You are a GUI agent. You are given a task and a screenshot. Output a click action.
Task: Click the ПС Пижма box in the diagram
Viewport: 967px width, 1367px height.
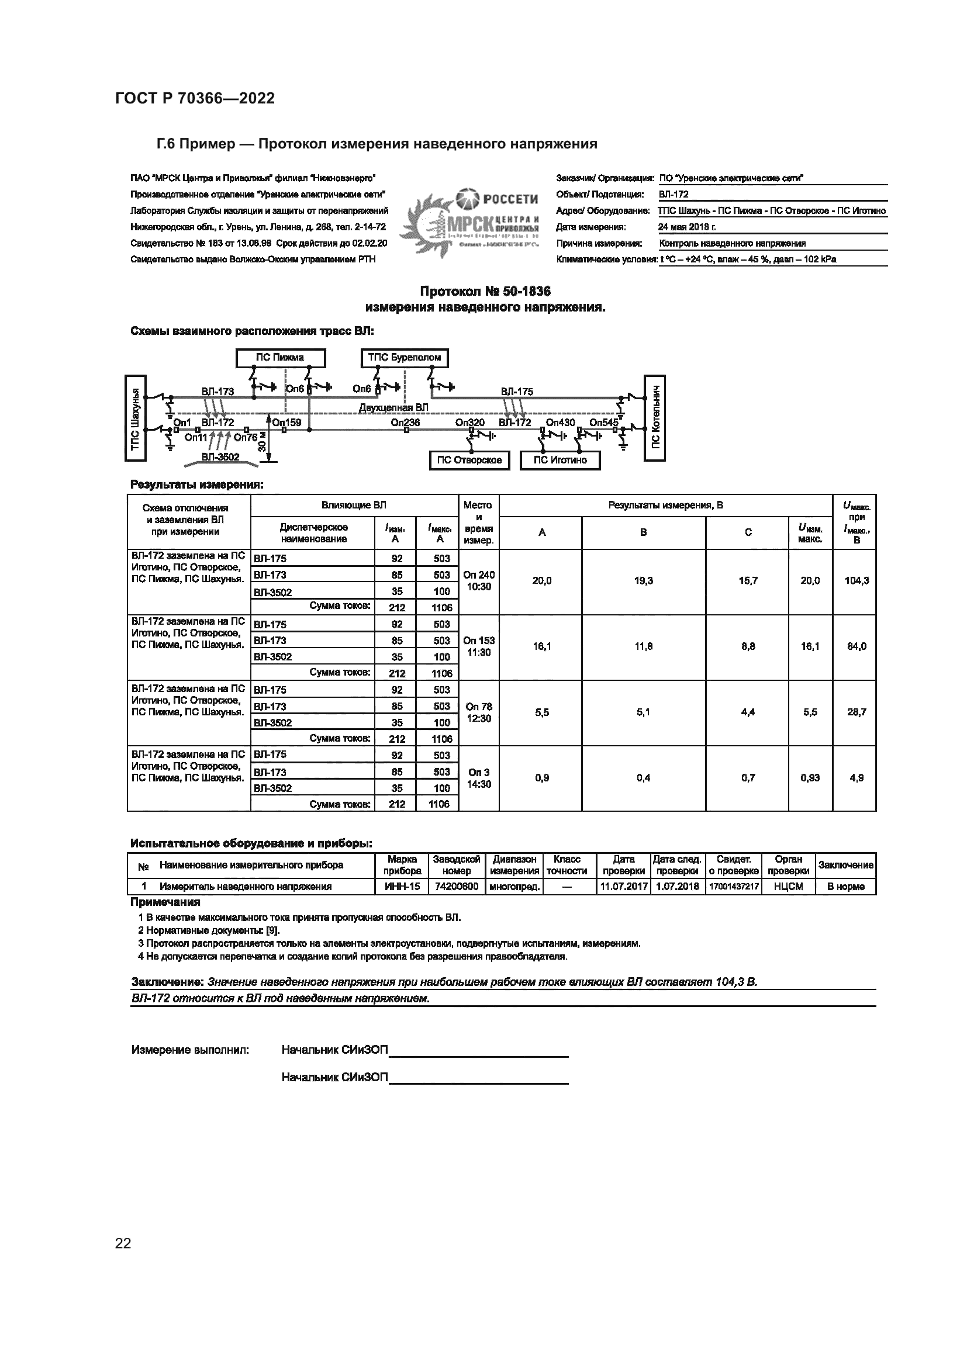pos(281,358)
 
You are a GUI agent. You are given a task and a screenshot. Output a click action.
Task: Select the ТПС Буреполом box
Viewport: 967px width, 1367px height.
pos(405,358)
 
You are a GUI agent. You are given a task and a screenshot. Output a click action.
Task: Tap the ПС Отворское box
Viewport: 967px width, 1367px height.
pos(469,460)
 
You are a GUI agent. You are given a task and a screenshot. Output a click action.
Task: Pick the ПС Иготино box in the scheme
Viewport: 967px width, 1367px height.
pos(560,460)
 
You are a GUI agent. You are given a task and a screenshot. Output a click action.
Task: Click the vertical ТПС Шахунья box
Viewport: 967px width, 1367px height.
pos(135,418)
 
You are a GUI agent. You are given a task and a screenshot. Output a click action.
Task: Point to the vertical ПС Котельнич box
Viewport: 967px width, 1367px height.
pos(654,418)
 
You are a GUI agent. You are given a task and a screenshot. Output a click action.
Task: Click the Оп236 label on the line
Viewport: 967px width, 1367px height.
pos(405,422)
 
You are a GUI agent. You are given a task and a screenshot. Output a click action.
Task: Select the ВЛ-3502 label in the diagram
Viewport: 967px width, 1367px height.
pos(220,456)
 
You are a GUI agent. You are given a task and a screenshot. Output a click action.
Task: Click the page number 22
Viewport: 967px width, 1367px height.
pos(123,1243)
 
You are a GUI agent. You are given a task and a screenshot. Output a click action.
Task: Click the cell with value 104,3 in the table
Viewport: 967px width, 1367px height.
pos(857,580)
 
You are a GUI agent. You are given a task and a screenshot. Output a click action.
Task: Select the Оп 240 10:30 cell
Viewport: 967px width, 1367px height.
pos(479,580)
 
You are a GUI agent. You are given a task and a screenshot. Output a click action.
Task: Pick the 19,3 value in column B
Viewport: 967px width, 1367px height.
pos(643,580)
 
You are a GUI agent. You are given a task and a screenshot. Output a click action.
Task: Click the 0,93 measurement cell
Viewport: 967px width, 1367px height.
pos(810,777)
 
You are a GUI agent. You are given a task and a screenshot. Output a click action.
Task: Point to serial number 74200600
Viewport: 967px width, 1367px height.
pos(457,887)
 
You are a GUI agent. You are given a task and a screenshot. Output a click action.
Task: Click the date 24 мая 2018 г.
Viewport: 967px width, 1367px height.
pos(687,227)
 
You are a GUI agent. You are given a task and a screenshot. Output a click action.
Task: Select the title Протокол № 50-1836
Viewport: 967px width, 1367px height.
pos(485,292)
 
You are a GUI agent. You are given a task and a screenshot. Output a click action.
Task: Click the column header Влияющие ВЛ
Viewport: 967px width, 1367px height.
pos(354,506)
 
